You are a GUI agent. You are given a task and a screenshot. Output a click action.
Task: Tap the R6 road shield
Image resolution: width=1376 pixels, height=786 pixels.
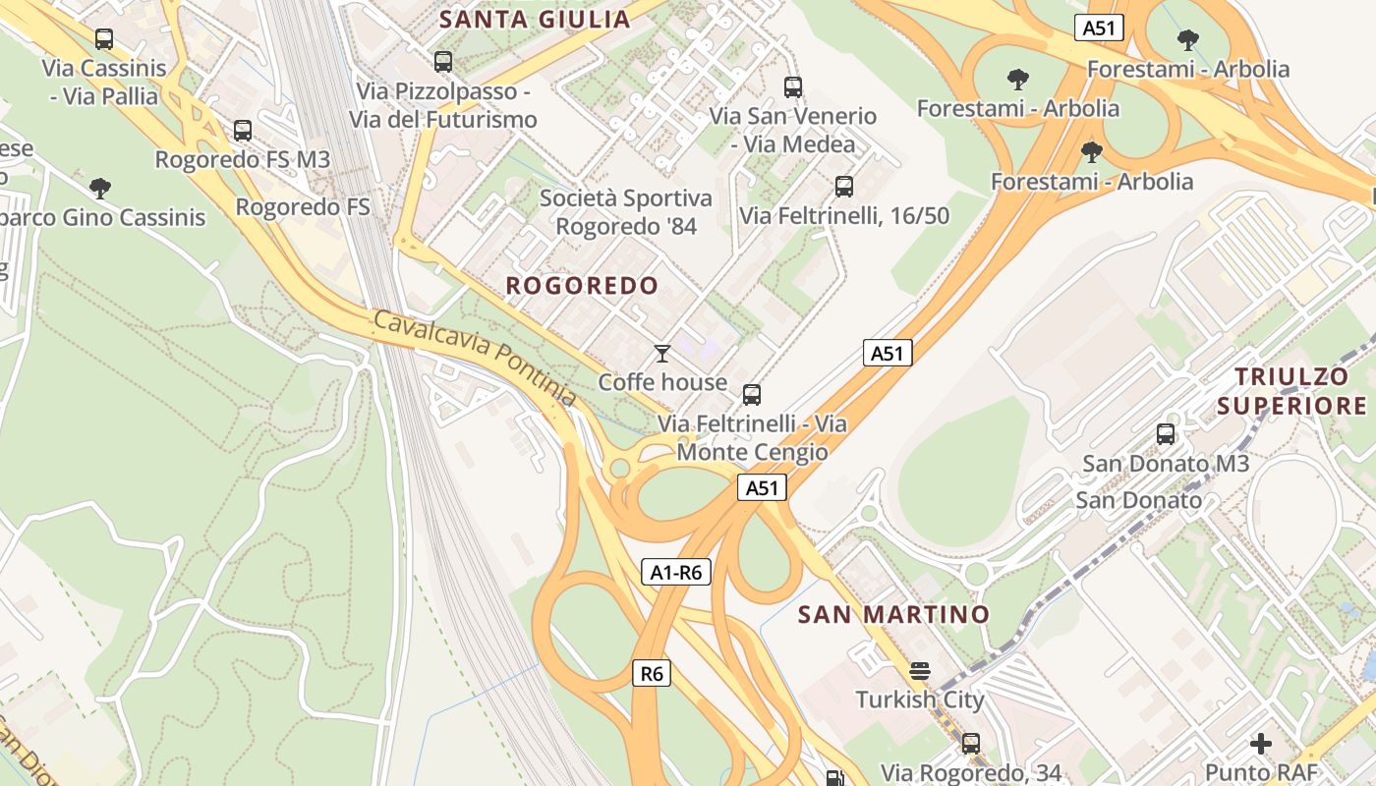click(651, 673)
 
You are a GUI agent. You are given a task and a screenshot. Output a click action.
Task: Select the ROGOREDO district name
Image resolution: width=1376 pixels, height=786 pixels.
click(582, 286)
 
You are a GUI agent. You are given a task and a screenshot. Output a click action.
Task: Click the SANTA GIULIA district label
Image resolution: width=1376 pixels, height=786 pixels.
click(535, 19)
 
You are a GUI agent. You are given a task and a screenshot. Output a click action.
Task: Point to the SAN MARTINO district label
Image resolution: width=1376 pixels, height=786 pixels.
click(893, 615)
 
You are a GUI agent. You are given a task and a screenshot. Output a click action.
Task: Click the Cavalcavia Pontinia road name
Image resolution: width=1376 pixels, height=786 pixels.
click(475, 358)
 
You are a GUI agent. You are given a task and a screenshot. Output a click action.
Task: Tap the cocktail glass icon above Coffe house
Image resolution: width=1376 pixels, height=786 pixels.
click(662, 353)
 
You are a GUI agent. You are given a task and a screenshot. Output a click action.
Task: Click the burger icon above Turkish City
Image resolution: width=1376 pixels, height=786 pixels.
click(920, 671)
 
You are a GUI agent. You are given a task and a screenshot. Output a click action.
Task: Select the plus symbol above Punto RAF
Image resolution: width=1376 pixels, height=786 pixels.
click(1260, 744)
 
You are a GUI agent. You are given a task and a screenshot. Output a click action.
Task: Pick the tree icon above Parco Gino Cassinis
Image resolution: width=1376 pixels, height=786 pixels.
click(99, 188)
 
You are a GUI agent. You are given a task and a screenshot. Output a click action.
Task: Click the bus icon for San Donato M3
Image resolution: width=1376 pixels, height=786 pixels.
click(1166, 433)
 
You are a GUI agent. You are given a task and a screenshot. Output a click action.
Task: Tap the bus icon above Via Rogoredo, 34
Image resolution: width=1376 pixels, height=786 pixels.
click(971, 744)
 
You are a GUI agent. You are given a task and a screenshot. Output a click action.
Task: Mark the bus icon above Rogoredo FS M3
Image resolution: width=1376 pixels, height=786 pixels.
click(243, 130)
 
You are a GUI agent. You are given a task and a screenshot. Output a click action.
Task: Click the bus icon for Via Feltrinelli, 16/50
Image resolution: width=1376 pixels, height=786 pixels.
click(843, 186)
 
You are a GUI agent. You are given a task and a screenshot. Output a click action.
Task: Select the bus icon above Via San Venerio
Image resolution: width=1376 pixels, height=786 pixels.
click(793, 86)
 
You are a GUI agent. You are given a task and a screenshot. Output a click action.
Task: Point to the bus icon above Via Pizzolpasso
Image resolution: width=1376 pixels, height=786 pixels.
click(443, 62)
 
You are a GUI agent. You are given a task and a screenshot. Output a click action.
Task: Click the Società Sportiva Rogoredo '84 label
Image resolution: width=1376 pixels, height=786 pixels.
click(626, 212)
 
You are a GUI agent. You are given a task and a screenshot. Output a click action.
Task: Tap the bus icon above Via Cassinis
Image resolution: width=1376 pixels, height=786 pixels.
click(103, 39)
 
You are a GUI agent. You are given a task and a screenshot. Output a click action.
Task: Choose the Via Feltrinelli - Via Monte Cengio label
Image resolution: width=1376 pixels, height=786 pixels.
click(752, 438)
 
